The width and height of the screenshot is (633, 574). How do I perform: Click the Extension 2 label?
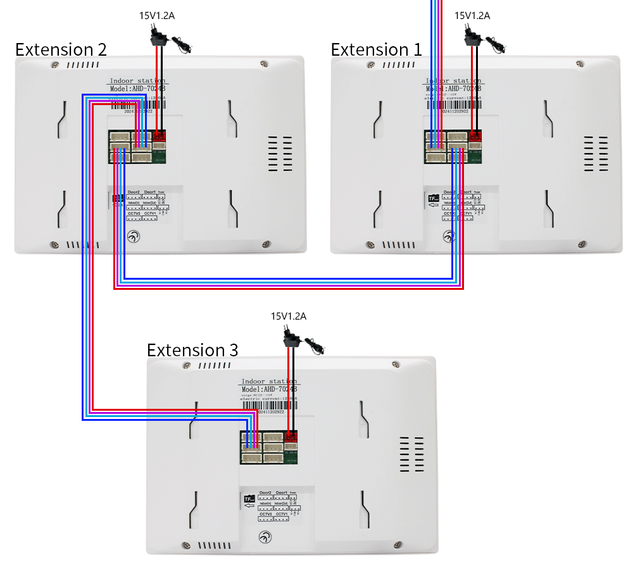click(61, 49)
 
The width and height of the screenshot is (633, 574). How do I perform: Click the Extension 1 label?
click(376, 49)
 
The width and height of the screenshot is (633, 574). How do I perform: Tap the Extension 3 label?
click(192, 350)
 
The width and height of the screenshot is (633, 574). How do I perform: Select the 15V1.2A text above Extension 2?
click(157, 15)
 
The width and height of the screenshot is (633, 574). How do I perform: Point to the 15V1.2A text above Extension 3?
click(289, 316)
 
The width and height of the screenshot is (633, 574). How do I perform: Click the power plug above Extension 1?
click(472, 37)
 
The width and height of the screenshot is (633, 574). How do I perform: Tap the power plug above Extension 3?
click(293, 338)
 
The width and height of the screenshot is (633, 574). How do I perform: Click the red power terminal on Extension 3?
click(291, 435)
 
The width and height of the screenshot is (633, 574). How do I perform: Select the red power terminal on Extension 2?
click(159, 135)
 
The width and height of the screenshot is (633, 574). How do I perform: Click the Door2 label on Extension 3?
click(265, 492)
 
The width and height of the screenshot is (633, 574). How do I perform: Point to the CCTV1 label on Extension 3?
click(282, 515)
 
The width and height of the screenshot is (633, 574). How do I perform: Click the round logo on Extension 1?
click(449, 237)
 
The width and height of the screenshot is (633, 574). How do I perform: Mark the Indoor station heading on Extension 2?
click(137, 81)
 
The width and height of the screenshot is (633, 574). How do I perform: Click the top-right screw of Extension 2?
click(263, 63)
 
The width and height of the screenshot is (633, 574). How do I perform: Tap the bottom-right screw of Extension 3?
click(398, 543)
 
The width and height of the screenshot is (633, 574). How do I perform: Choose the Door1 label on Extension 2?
click(149, 192)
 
